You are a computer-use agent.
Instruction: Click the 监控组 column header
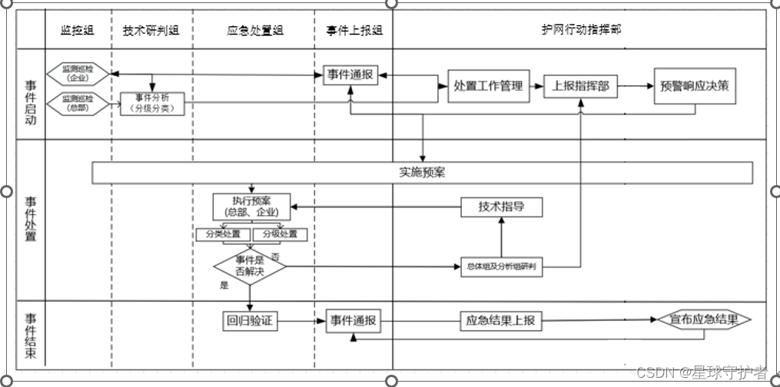click(78, 31)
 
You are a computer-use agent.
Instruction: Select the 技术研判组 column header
click(151, 31)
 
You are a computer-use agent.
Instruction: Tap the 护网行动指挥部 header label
click(582, 30)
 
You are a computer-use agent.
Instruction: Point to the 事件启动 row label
click(31, 102)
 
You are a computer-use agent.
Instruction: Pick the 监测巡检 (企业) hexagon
click(78, 74)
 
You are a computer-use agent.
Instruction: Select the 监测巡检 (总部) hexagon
click(78, 102)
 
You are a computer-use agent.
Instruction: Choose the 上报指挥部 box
click(580, 86)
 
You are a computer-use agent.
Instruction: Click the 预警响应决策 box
click(695, 86)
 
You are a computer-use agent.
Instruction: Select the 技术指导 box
click(501, 207)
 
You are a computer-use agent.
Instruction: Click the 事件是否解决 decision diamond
click(249, 266)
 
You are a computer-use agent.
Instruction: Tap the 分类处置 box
click(223, 234)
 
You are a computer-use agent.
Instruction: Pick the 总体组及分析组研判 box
click(500, 267)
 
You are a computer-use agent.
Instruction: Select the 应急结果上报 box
click(501, 321)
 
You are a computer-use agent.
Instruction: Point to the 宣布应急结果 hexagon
click(702, 320)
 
